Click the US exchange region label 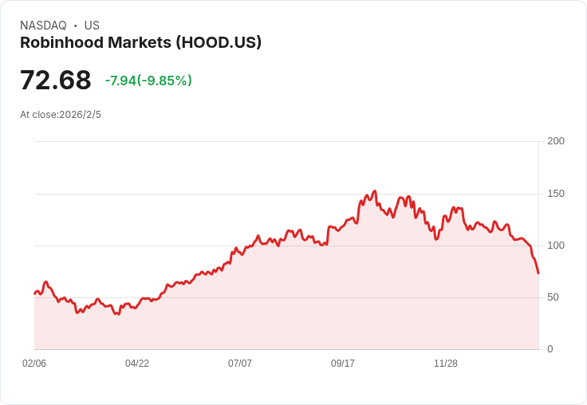[x=92, y=26]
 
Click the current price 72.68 [x=55, y=81]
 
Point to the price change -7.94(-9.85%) [x=148, y=81]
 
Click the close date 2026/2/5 [x=81, y=115]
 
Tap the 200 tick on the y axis [x=556, y=141]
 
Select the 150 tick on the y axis [x=556, y=194]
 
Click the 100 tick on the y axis [x=556, y=246]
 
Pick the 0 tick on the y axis [x=550, y=349]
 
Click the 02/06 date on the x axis [x=34, y=364]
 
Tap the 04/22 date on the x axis [x=137, y=364]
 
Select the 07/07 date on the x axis [x=240, y=364]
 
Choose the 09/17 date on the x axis [x=343, y=364]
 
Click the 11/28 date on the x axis [x=446, y=364]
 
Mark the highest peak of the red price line [x=375, y=191]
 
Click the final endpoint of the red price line [x=538, y=273]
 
